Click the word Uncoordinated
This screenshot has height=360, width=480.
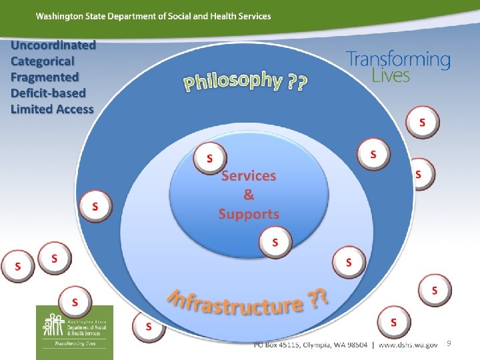click(53, 45)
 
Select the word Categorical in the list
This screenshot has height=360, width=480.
click(45, 61)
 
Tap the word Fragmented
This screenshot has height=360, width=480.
click(45, 77)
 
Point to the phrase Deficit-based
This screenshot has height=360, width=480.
click(48, 93)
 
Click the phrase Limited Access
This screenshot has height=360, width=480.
click(52, 109)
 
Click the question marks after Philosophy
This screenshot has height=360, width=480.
click(297, 83)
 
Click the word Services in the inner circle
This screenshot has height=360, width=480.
click(248, 176)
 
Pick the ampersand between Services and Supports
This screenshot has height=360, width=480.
click(248, 195)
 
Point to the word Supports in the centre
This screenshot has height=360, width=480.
click(248, 214)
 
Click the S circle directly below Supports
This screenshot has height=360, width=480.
click(275, 241)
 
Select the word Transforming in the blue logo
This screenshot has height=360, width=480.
click(398, 59)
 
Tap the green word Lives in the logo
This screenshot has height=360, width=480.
click(391, 75)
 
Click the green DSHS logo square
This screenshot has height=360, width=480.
click(74, 327)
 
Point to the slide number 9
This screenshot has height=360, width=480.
click(449, 343)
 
